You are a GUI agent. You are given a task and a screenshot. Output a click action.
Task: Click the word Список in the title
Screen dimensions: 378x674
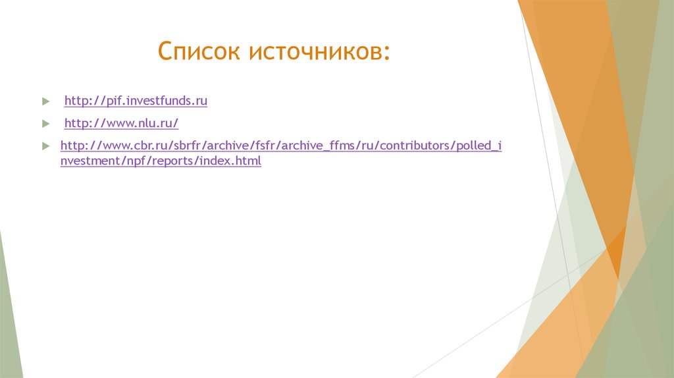point(199,51)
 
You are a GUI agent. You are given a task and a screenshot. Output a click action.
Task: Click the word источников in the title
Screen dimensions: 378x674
point(313,51)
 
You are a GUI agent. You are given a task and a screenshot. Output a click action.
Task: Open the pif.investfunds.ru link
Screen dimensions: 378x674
point(136,101)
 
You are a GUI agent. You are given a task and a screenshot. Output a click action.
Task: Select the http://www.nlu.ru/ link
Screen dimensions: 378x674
point(121,123)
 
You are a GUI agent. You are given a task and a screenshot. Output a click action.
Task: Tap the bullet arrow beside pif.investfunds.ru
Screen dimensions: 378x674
point(45,102)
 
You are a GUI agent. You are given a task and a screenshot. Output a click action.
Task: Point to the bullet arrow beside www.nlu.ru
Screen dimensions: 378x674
point(45,124)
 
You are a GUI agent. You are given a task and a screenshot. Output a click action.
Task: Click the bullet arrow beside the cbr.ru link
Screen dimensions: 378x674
point(45,146)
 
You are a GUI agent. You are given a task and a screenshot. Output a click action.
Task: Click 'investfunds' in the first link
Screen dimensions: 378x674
point(158,101)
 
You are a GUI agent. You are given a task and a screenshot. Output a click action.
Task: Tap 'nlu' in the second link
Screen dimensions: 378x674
point(148,123)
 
